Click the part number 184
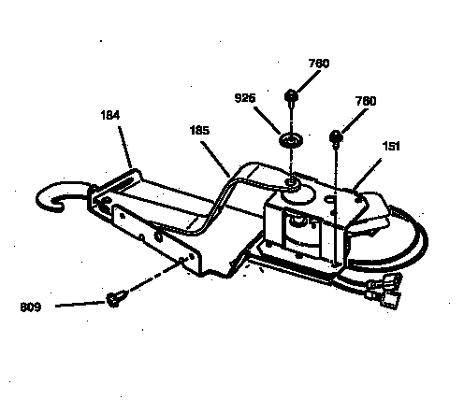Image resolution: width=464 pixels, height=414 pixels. (110, 116)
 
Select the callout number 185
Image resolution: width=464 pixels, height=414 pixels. (199, 130)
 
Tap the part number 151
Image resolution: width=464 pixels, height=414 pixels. (391, 146)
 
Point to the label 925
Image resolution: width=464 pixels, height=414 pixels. (245, 98)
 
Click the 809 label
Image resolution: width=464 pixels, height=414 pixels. (31, 307)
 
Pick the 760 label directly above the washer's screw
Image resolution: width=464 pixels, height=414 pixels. (319, 64)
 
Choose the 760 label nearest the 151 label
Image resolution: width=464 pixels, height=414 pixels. (366, 101)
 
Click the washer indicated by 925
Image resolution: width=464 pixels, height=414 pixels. (291, 139)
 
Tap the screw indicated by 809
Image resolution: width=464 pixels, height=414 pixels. (117, 298)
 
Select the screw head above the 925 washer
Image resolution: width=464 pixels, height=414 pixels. (291, 95)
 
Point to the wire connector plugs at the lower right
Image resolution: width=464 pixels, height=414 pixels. (384, 291)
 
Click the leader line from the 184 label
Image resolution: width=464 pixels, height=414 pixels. (125, 148)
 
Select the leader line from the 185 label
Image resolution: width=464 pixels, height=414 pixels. (216, 159)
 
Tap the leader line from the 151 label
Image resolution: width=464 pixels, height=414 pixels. (367, 175)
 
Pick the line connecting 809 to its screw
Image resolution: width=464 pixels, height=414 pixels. (80, 304)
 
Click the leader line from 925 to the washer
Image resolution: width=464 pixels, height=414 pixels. (268, 121)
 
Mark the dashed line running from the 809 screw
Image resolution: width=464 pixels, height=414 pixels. (155, 276)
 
